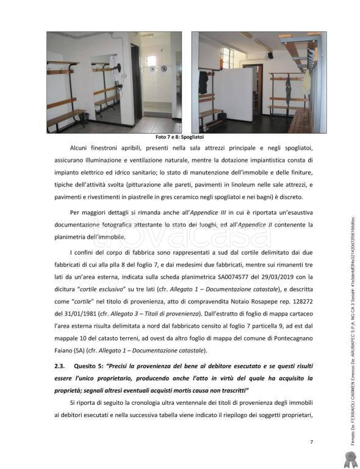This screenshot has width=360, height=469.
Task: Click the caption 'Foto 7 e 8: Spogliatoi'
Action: tap(179, 137)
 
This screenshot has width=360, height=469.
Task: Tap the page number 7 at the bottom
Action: tap(311, 442)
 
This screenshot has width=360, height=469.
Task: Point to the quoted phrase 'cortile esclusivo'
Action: tap(97, 288)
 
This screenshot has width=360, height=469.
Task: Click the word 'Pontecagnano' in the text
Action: tap(287, 338)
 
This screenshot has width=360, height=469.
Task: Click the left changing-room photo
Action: tap(114, 82)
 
